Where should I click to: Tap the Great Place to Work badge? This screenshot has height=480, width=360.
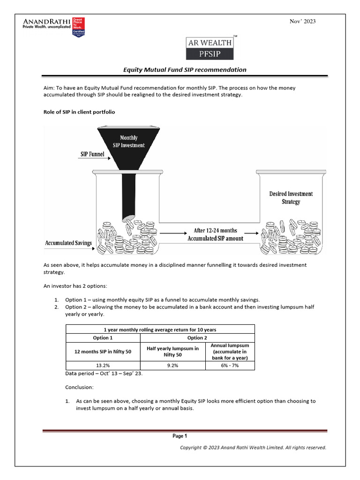[78, 27]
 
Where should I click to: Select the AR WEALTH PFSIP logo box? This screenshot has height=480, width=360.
[210, 48]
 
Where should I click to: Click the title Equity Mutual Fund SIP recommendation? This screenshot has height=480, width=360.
[184, 70]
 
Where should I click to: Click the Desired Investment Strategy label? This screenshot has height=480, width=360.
[291, 197]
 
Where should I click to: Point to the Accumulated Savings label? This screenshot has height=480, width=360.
[68, 243]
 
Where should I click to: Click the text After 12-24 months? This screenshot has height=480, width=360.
[215, 231]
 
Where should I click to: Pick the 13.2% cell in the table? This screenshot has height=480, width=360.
[103, 366]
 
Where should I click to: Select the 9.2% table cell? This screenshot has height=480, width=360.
[172, 366]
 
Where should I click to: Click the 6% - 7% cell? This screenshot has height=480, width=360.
[230, 366]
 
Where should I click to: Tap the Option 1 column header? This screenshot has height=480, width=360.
[103, 337]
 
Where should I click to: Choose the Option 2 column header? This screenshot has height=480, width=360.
[197, 337]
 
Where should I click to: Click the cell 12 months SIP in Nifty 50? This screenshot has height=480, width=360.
[103, 352]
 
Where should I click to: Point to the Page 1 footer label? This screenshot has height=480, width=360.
[180, 436]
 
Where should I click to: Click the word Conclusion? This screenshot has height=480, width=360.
[79, 388]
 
